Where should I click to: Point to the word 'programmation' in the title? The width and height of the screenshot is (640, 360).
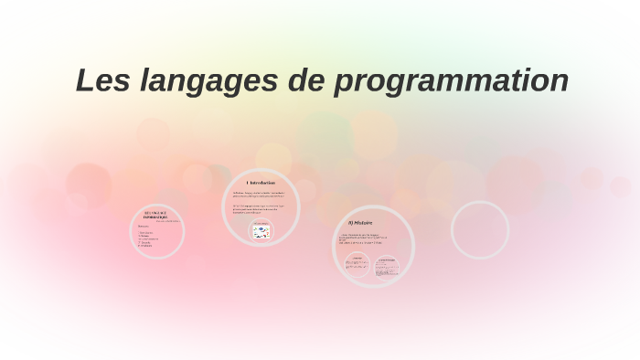click(452, 81)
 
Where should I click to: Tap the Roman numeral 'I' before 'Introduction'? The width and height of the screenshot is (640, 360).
click(247, 183)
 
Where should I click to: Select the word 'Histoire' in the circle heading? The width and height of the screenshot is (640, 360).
click(363, 222)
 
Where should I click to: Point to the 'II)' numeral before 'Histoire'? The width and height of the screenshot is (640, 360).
click(349, 222)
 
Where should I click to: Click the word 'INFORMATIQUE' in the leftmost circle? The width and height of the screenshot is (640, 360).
click(157, 217)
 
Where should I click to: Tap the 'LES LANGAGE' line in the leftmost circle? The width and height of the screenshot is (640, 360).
click(157, 212)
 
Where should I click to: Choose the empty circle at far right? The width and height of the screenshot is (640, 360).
click(479, 229)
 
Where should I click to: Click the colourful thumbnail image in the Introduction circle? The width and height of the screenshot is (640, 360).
click(261, 233)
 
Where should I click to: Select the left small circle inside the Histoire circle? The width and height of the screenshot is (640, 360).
click(357, 265)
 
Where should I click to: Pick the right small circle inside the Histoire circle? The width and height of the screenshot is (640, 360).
click(387, 266)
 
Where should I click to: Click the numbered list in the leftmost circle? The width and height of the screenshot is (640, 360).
click(149, 238)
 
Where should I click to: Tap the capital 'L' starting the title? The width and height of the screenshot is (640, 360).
click(85, 80)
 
